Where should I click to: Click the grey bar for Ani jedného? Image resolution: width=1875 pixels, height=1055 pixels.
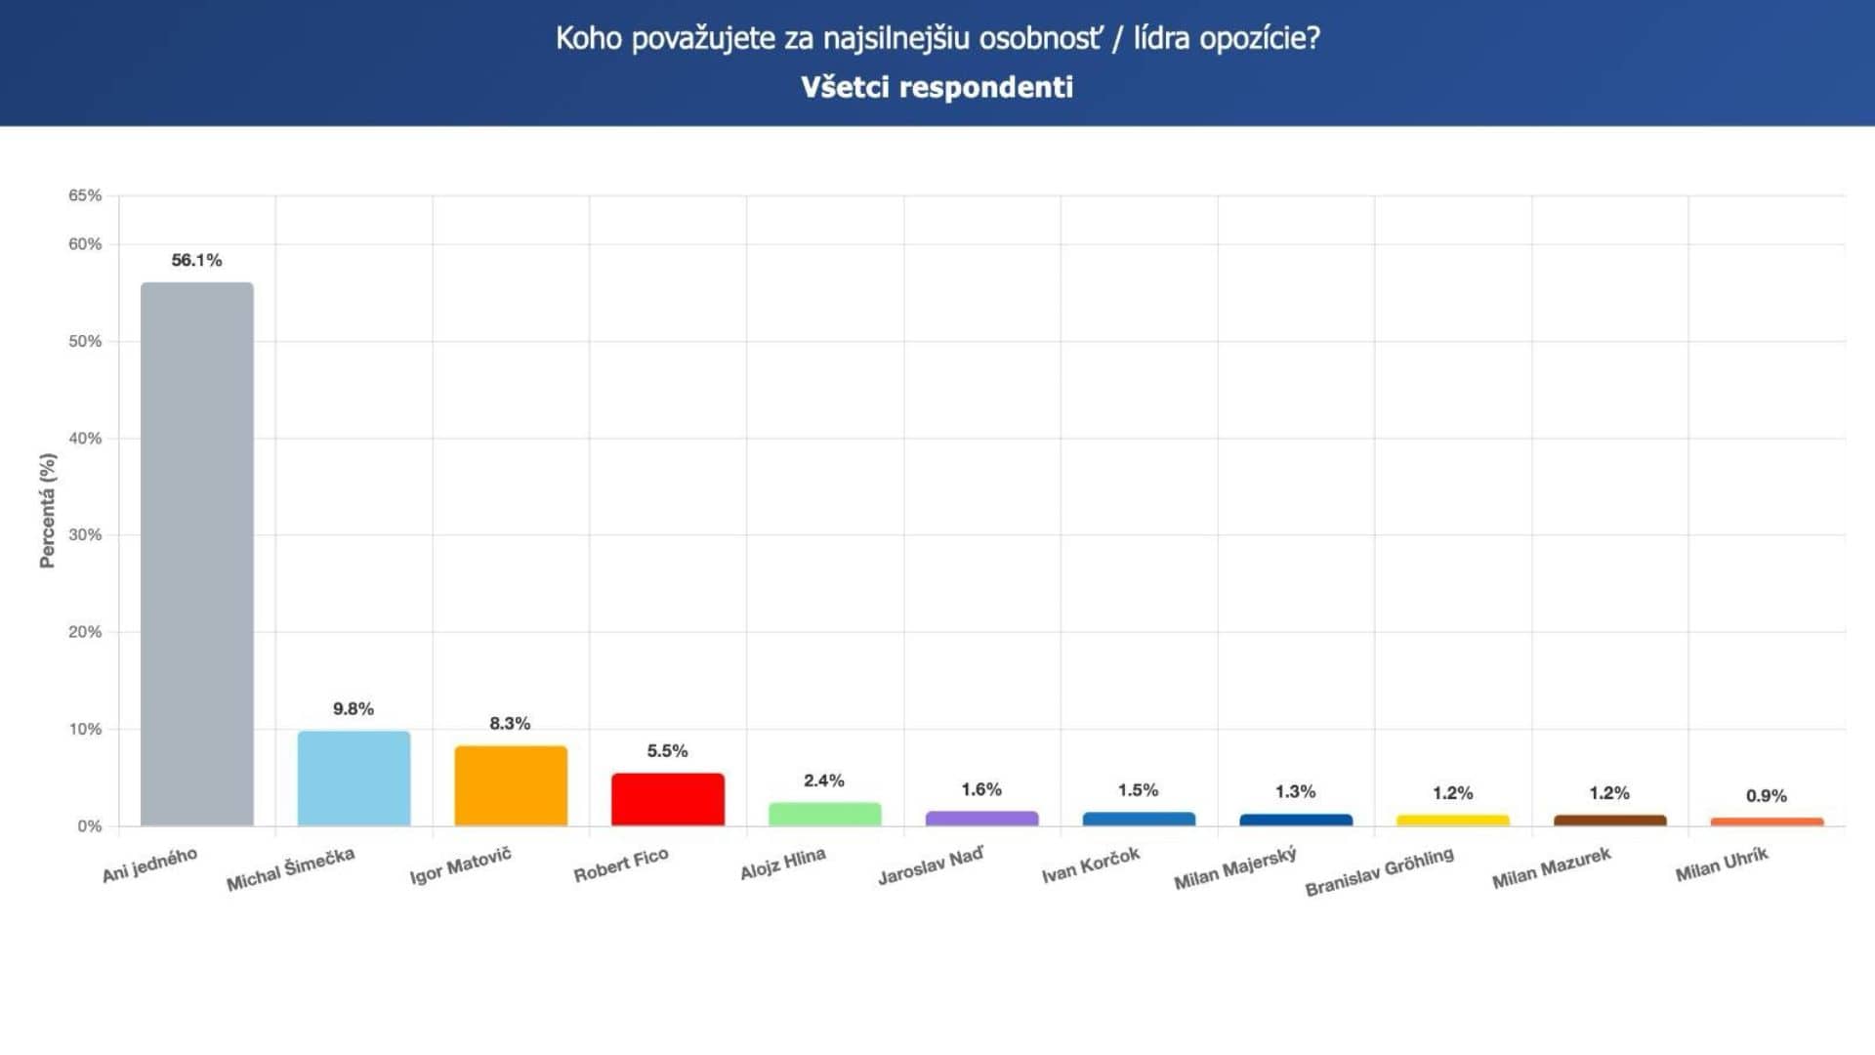(196, 554)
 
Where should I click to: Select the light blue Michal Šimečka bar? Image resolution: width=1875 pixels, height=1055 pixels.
(354, 779)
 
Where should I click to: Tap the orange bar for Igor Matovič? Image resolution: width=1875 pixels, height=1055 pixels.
(511, 786)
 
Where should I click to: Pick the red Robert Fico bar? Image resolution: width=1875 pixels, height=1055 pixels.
(668, 799)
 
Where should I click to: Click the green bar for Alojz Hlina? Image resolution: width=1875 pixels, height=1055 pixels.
(825, 814)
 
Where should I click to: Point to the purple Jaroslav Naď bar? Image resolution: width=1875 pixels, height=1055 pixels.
(981, 819)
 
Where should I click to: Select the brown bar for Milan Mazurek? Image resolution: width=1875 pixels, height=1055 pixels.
(1609, 821)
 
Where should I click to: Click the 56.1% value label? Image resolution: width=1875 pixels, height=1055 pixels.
(196, 260)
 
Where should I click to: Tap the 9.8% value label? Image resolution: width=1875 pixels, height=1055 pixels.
(354, 708)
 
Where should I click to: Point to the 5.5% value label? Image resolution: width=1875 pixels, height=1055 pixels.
(668, 750)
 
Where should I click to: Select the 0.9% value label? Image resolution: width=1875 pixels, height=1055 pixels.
(1767, 795)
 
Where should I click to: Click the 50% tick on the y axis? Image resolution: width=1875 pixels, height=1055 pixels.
(85, 341)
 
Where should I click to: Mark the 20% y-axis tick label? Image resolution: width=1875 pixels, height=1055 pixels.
(85, 632)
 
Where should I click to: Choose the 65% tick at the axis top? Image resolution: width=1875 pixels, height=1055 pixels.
(85, 195)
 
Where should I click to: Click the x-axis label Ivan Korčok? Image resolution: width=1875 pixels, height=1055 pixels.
(1091, 865)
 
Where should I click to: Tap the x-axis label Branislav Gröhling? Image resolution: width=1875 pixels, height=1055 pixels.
(1379, 871)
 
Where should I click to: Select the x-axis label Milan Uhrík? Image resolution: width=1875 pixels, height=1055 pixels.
(1722, 865)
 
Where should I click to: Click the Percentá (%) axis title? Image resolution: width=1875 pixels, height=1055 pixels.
(47, 510)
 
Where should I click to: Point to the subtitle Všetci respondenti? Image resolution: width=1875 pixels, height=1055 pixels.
(937, 87)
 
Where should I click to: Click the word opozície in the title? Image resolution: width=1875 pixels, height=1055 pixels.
(1260, 38)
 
